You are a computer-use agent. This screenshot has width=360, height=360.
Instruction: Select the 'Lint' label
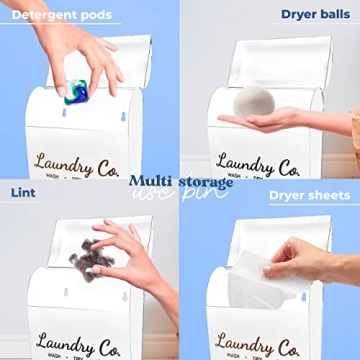pos(24,191)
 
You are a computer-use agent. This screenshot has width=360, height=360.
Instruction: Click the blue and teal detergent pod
pos(77,92)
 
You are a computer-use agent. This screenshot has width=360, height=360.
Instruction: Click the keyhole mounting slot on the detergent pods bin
pos(63,113)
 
